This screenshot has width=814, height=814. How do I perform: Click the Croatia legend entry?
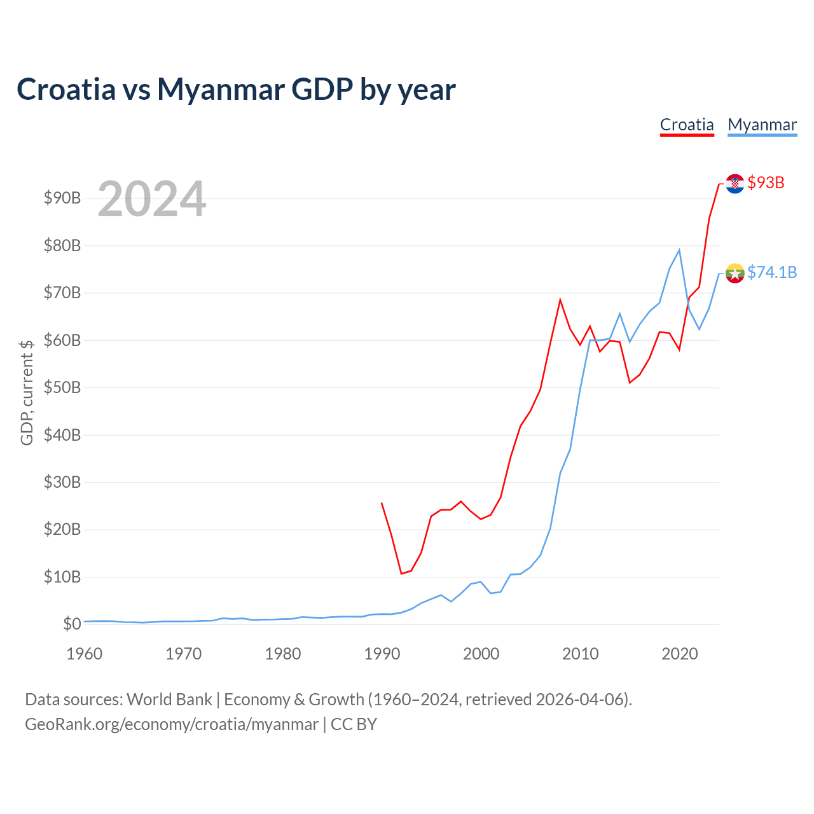pos(687,125)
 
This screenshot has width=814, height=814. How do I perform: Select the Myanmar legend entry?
pos(762,125)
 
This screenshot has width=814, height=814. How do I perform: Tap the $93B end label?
pos(766,183)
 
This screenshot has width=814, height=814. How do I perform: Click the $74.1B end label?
pos(772,272)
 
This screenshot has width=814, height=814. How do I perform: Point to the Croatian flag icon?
pos(735,184)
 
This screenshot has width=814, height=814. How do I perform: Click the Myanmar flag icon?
pos(735,273)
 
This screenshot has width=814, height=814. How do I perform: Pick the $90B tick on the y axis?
pos(62,198)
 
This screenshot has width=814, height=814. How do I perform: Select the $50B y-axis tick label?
pos(62,387)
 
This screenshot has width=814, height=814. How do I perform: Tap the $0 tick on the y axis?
pos(72,624)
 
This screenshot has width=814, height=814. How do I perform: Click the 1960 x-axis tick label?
pos(85,654)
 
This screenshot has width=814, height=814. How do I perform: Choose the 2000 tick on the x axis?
pos(481,654)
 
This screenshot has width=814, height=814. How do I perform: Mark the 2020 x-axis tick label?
pos(680,654)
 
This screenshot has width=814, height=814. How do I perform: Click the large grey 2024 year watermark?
pos(152,198)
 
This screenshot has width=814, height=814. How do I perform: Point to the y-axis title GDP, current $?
pos(27,392)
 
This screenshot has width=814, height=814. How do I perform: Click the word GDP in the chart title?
pos(322,90)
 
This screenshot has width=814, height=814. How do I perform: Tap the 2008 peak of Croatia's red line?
pos(560,300)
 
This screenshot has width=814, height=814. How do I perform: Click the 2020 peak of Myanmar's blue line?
pos(679,250)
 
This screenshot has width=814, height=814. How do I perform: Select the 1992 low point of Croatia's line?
pos(401,574)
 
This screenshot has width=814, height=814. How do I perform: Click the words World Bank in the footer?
pos(169,700)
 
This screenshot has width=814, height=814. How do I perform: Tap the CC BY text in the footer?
pos(354,724)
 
